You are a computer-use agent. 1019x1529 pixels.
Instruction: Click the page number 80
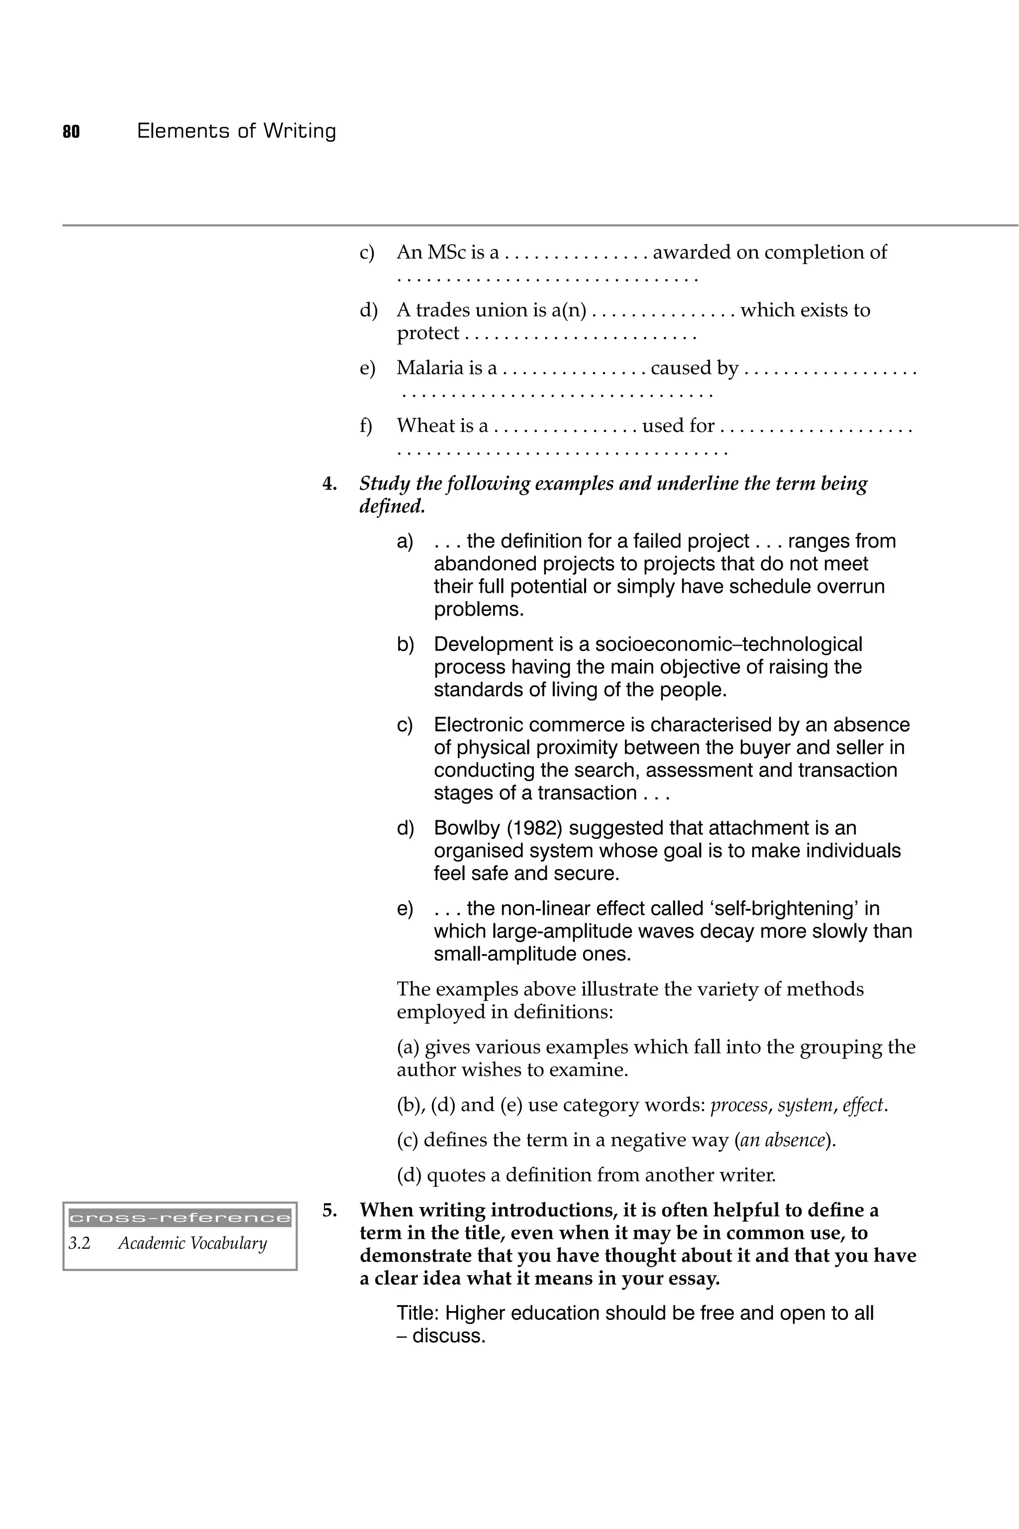72,132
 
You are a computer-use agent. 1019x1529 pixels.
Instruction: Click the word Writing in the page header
300,132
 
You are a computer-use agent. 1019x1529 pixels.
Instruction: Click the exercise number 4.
329,484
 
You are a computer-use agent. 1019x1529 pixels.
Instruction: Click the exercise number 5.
329,1210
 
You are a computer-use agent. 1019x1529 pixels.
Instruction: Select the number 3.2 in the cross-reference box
79,1244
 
